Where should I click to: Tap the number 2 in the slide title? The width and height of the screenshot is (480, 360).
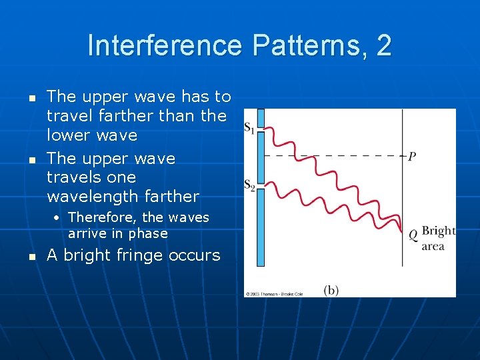[x=383, y=46]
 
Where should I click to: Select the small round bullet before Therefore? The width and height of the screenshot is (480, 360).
[x=59, y=218]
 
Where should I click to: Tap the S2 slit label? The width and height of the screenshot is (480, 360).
[x=249, y=185]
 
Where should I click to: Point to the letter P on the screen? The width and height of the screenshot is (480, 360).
[x=412, y=157]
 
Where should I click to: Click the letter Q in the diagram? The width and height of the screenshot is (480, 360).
[x=413, y=234]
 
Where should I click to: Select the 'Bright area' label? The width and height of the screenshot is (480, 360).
[x=438, y=239]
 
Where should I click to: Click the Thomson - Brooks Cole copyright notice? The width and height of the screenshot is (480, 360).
[x=274, y=293]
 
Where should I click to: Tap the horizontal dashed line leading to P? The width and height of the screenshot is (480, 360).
[x=333, y=156]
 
